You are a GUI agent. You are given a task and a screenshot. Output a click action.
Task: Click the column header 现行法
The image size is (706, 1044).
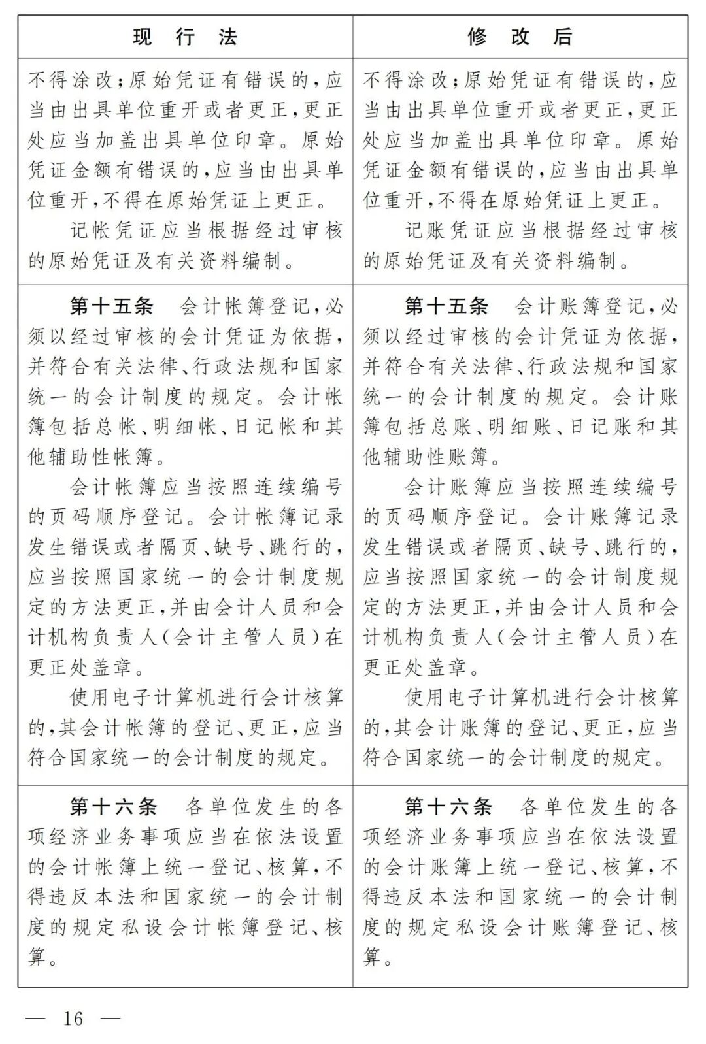pos(185,37)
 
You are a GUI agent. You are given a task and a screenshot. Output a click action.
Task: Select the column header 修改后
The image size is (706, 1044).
pos(520,37)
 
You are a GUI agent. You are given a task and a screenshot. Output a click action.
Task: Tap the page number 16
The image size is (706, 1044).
pos(73,1018)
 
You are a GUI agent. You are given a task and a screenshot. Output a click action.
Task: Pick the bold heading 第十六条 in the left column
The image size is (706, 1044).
pos(112,807)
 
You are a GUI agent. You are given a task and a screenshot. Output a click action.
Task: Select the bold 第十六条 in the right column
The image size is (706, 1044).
pos(447,807)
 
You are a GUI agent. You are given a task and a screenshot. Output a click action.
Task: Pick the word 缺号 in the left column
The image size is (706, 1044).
pos(227,547)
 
